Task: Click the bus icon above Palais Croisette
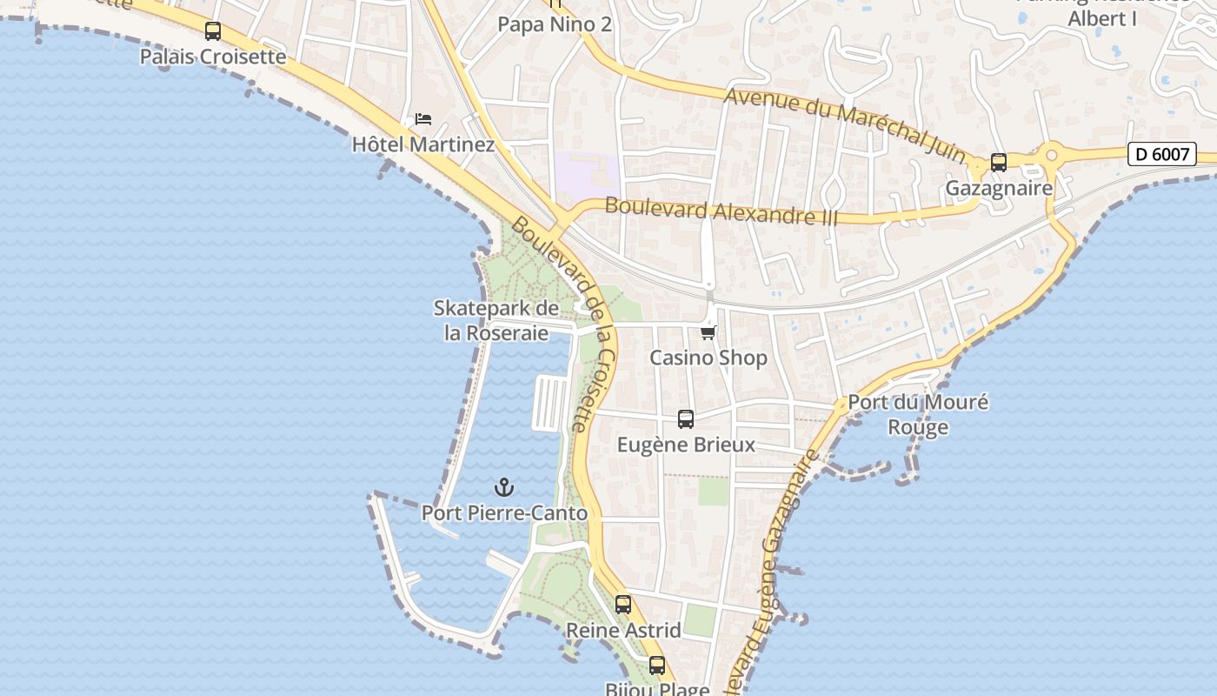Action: pyautogui.click(x=213, y=31)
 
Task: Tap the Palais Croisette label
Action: pyautogui.click(x=213, y=57)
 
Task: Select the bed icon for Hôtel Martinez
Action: pyautogui.click(x=423, y=119)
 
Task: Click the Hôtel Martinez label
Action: pyautogui.click(x=423, y=144)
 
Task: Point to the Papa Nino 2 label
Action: pyautogui.click(x=555, y=24)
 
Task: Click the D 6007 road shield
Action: pyautogui.click(x=1162, y=154)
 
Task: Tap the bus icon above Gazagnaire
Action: pyautogui.click(x=999, y=163)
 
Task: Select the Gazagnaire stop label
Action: pyautogui.click(x=999, y=188)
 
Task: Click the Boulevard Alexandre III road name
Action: pyautogui.click(x=721, y=211)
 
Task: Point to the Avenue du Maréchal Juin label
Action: pyautogui.click(x=845, y=124)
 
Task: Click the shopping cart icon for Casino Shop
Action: pyautogui.click(x=708, y=332)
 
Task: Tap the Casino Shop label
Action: pyautogui.click(x=708, y=358)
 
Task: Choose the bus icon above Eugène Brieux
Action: pyautogui.click(x=686, y=419)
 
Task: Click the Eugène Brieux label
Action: pyautogui.click(x=686, y=445)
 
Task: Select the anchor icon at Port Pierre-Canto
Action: pyautogui.click(x=504, y=487)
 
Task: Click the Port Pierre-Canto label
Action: pyautogui.click(x=504, y=513)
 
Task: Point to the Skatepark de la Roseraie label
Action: pyautogui.click(x=496, y=321)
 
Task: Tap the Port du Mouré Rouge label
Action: pyautogui.click(x=918, y=415)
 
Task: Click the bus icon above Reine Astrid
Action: pyautogui.click(x=623, y=605)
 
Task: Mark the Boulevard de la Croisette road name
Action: pyautogui.click(x=565, y=323)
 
